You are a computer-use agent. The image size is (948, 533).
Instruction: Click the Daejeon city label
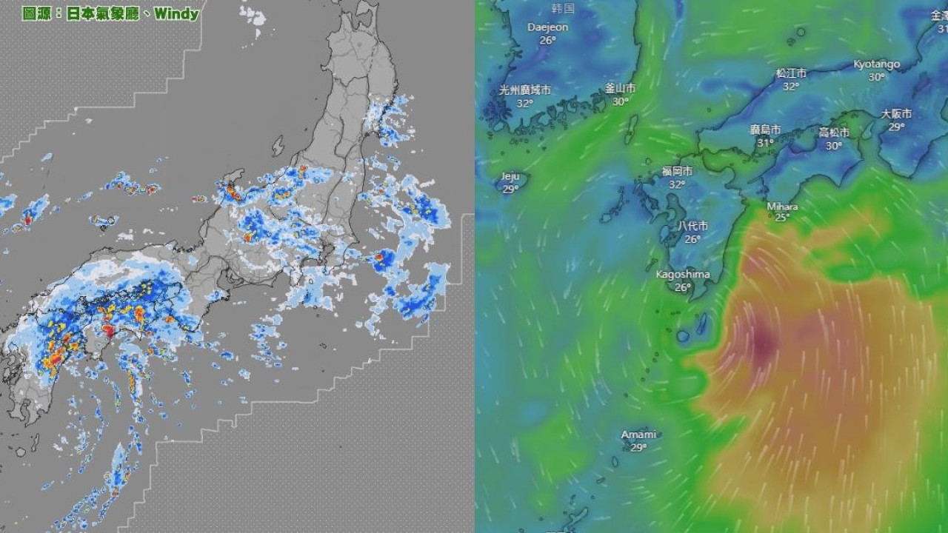tap(547, 27)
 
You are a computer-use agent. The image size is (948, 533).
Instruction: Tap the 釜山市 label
tap(620, 87)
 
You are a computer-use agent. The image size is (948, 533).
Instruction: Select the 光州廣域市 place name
tap(524, 90)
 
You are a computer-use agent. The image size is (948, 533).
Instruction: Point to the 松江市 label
tap(791, 73)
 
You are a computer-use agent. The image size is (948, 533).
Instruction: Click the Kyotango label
tap(876, 64)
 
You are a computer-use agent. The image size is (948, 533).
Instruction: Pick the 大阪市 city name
tap(896, 114)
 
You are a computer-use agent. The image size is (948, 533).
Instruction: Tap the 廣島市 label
tap(765, 130)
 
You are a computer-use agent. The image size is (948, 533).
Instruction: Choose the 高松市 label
tap(834, 133)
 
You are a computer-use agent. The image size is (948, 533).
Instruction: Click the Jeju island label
tap(510, 176)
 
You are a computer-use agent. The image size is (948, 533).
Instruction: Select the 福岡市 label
tap(677, 172)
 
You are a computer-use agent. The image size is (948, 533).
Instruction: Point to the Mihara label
tap(782, 206)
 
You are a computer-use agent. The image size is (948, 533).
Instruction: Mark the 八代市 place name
tap(692, 227)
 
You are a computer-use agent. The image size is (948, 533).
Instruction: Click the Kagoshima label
tap(683, 275)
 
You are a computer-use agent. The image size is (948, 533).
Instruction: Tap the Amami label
tap(638, 435)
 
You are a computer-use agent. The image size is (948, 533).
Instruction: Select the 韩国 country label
tap(564, 9)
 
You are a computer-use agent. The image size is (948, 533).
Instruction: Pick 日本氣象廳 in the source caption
tap(102, 13)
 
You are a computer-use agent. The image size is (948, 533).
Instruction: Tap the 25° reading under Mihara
tap(782, 217)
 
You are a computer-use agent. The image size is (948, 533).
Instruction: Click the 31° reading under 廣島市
tap(765, 142)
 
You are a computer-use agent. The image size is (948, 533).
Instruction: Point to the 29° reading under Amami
tap(638, 447)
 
